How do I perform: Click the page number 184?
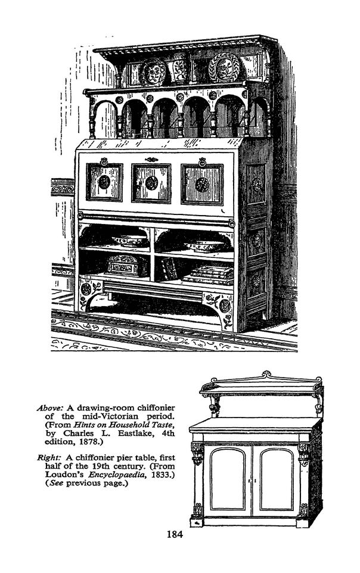pyautogui.click(x=175, y=534)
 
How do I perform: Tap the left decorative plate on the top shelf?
pyautogui.click(x=152, y=72)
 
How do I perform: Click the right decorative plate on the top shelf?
pyautogui.click(x=224, y=67)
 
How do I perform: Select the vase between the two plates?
pyautogui.click(x=179, y=68)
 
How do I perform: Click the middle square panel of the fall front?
pyautogui.click(x=151, y=183)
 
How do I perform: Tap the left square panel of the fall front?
pyautogui.click(x=105, y=182)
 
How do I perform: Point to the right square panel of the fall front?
pyautogui.click(x=202, y=185)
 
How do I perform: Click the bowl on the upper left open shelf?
pyautogui.click(x=129, y=241)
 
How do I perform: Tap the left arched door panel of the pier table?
pyautogui.click(x=228, y=479)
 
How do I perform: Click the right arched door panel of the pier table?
pyautogui.click(x=277, y=479)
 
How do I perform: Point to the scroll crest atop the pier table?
pyautogui.click(x=266, y=375)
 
